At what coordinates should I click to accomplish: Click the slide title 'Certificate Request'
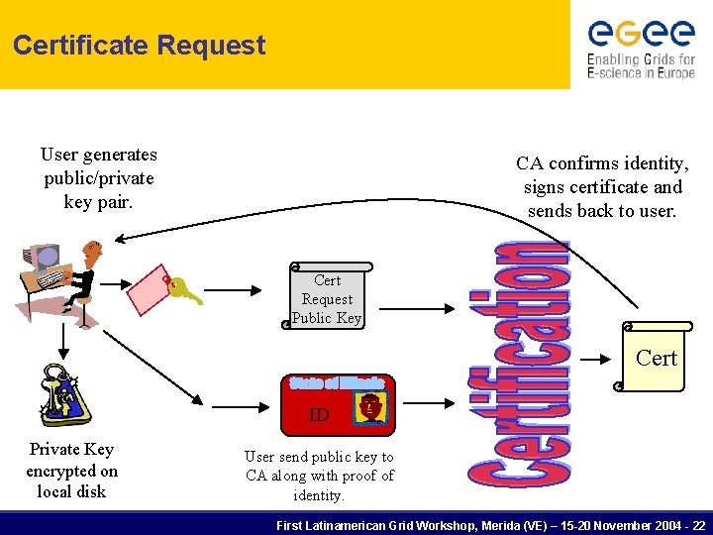(139, 46)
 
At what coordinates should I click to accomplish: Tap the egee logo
(642, 33)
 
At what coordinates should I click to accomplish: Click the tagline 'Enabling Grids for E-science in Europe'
(642, 66)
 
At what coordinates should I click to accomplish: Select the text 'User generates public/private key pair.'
(98, 178)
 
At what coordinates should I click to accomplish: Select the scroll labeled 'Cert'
(653, 358)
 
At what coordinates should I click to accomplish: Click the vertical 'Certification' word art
(519, 362)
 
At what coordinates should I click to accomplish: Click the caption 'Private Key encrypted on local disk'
(71, 471)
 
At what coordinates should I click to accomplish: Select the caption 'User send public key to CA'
(319, 476)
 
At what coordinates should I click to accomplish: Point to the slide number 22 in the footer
(699, 524)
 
